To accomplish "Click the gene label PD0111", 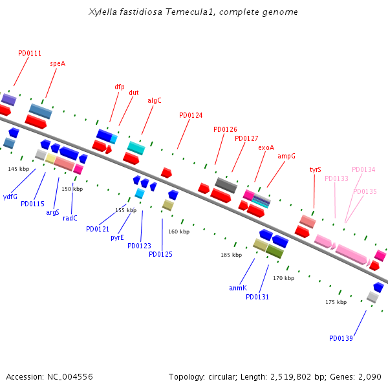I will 30,54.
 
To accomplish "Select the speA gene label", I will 58,64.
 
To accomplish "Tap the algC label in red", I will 155,100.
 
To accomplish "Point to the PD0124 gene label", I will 191,116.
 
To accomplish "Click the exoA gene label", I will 266,147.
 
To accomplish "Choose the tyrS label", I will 315,169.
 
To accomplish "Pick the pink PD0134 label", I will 363,169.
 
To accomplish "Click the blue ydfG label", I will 10,197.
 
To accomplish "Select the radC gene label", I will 70,218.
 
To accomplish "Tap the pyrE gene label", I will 117,237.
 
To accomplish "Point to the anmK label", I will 237,288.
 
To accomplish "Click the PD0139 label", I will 341,338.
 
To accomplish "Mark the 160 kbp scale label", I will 179,232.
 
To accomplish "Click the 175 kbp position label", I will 336,302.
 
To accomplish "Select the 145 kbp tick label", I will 19,169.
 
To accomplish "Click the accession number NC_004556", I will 70,376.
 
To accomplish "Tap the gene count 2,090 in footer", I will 369,376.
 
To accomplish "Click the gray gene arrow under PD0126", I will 226,185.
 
